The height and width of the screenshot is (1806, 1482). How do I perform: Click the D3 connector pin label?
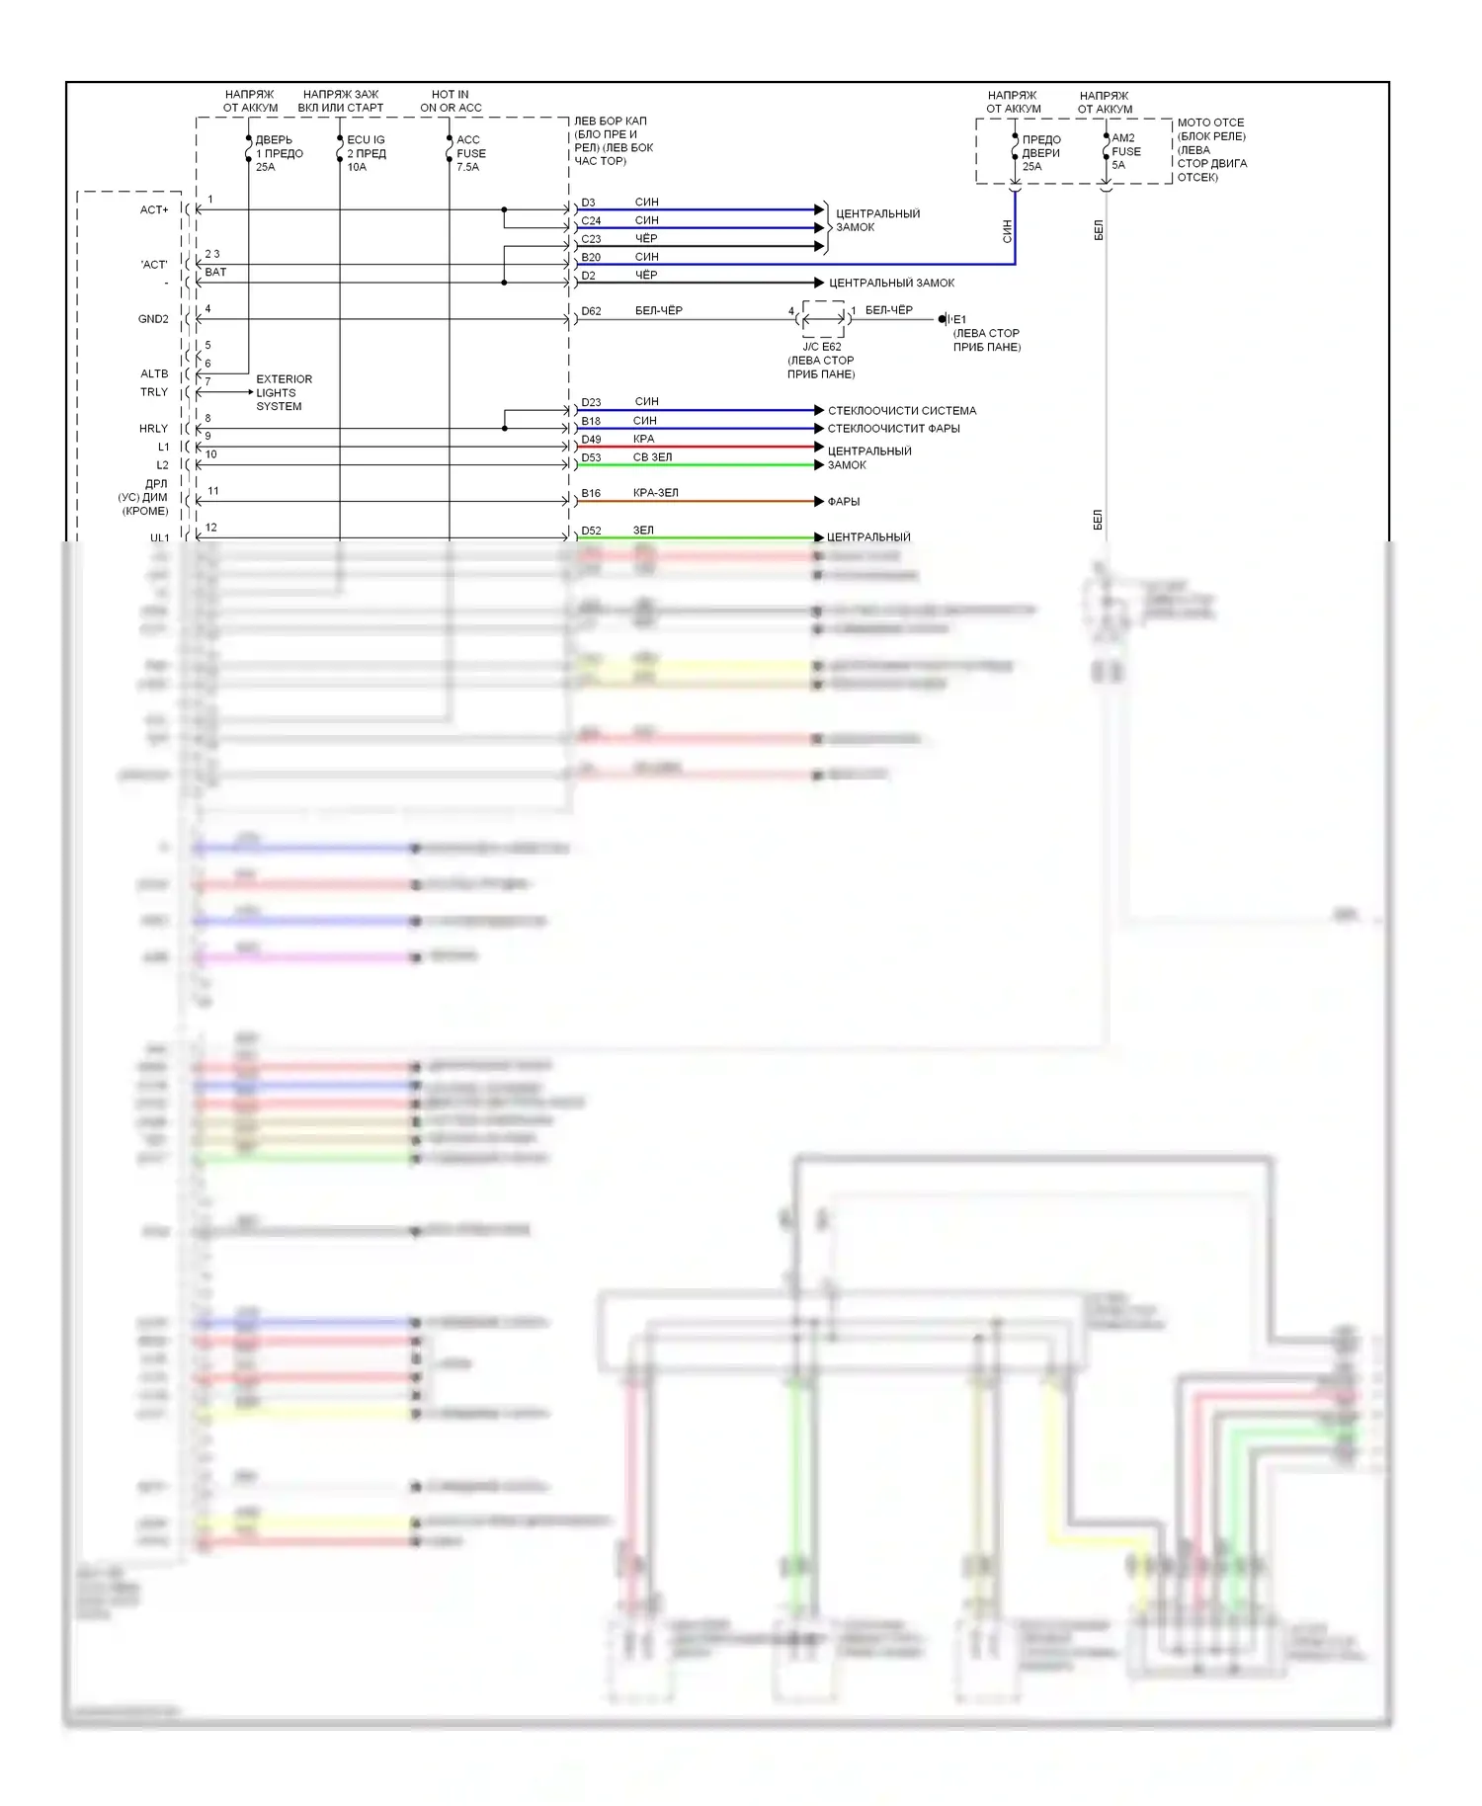pos(588,203)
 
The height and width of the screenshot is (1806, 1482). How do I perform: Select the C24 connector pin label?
pos(591,221)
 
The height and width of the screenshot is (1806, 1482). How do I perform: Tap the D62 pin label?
pos(591,311)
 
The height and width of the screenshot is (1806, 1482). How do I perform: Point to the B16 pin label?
pos(591,493)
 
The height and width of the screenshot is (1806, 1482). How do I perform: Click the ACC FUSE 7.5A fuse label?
pos(470,153)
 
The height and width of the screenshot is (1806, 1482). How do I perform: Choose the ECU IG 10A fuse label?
pos(366,153)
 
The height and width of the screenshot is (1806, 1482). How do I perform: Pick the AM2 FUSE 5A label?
pos(1125,151)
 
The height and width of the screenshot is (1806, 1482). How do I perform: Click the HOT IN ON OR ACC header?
pos(451,101)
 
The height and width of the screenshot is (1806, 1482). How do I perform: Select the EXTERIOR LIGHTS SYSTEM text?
pos(284,392)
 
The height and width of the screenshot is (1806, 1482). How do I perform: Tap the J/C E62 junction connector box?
pos(822,319)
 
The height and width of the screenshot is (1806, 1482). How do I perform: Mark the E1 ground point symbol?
pos(944,319)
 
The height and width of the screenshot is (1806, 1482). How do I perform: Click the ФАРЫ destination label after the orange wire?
pos(844,502)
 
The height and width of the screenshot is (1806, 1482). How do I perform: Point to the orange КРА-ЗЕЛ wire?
pos(711,502)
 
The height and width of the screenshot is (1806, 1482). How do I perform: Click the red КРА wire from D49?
pos(711,447)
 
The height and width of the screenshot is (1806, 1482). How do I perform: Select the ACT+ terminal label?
pos(154,209)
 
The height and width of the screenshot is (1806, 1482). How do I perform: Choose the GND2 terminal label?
pos(153,319)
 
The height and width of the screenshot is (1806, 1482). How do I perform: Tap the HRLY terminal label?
pos(153,429)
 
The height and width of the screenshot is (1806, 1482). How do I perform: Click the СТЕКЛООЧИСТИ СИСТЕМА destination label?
pos(901,411)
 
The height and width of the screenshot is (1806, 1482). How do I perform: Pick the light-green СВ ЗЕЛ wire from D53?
pos(711,465)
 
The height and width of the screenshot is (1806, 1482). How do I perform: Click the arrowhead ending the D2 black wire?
pos(819,283)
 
